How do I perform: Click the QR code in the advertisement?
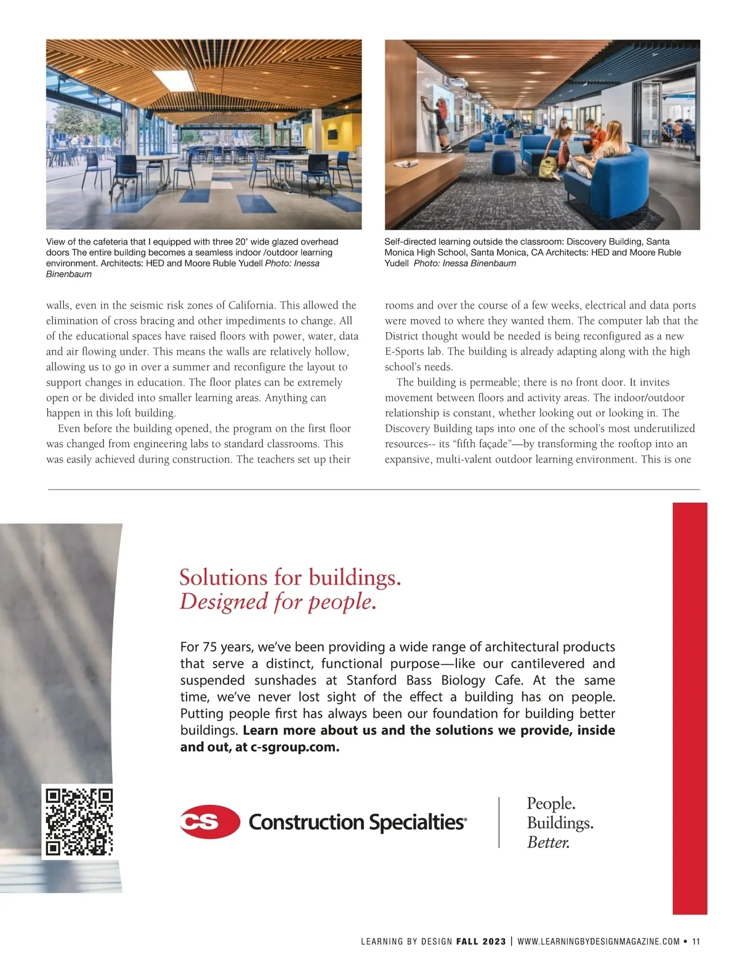[x=79, y=822]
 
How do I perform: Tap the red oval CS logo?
[x=209, y=822]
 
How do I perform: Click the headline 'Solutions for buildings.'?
[x=290, y=578]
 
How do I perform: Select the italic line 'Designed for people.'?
[x=278, y=602]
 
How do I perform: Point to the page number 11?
[x=696, y=941]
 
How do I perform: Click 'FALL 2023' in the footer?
[x=481, y=941]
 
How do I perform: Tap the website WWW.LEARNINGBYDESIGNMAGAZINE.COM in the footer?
[x=599, y=941]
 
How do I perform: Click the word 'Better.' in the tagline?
[x=548, y=843]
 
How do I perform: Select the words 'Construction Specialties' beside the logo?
[x=357, y=822]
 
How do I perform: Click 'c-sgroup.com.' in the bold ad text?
[x=295, y=747]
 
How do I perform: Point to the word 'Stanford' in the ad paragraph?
[x=372, y=681]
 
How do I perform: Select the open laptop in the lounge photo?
[x=578, y=148]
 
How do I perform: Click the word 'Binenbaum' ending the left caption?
[x=68, y=274]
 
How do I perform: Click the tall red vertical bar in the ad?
[x=690, y=708]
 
